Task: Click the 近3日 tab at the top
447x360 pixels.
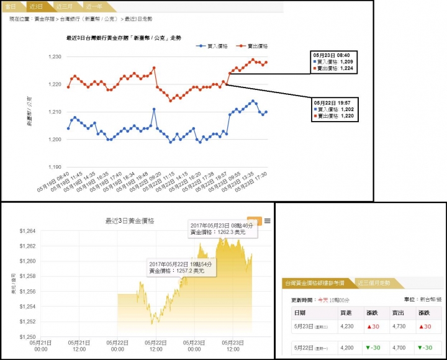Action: coord(37,6)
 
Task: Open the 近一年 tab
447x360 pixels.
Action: coord(94,6)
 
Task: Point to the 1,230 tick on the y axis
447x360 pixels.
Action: coord(54,57)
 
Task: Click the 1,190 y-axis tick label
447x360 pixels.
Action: coord(54,167)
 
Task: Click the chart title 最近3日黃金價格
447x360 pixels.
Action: coord(130,220)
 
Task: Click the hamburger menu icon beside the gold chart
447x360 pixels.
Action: coord(268,222)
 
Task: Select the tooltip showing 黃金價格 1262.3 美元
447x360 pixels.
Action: coord(222,228)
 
